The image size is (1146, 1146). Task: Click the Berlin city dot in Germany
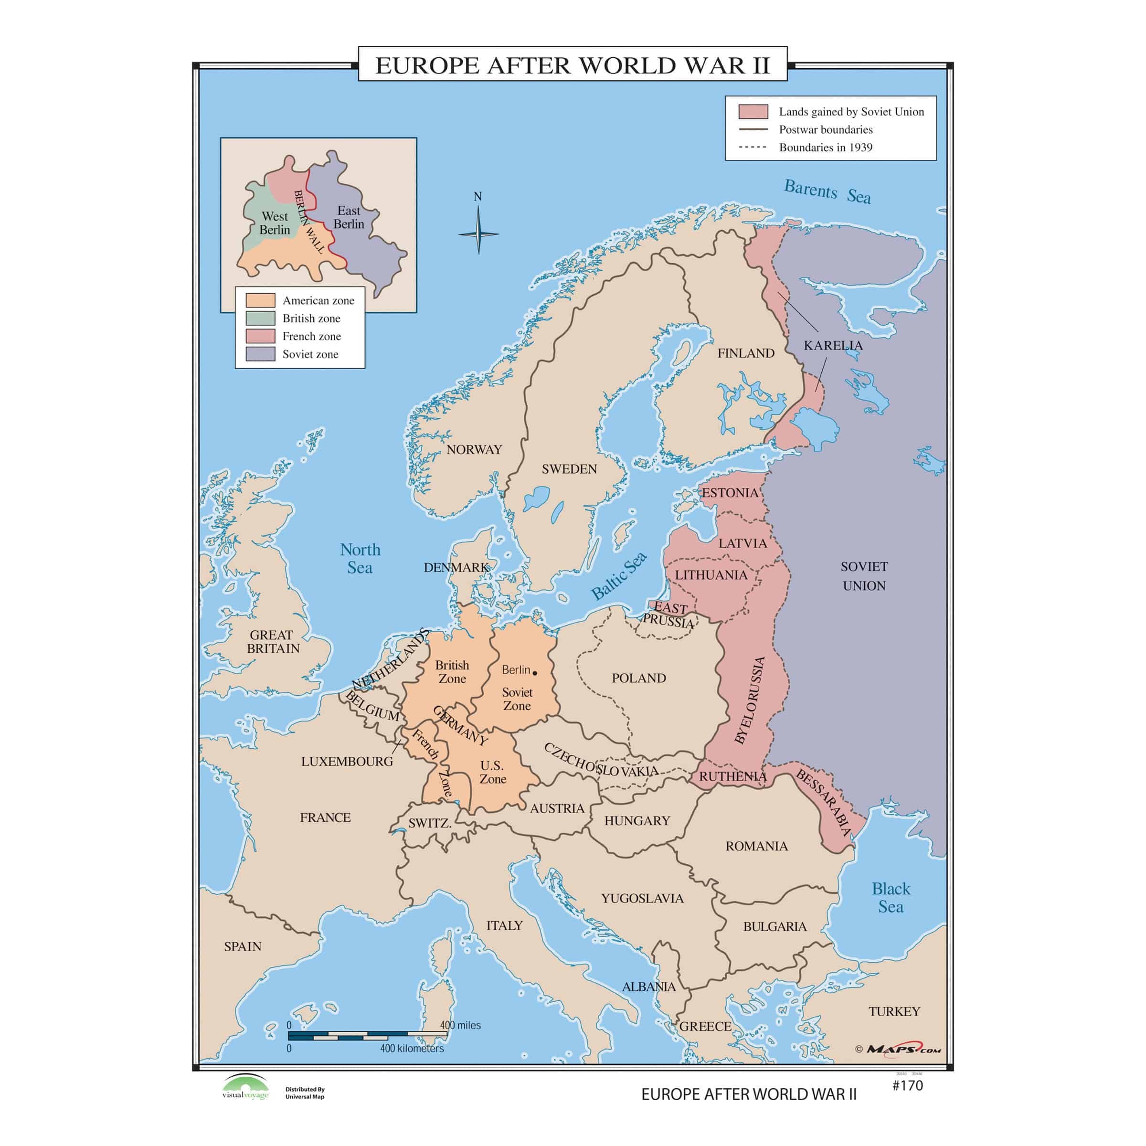click(x=534, y=673)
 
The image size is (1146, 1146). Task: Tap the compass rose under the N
click(x=478, y=233)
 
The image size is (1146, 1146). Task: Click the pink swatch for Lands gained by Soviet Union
click(x=753, y=112)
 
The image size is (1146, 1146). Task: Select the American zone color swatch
click(x=260, y=300)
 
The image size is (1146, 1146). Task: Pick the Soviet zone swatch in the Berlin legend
click(x=260, y=354)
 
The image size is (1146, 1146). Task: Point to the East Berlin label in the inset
click(x=349, y=217)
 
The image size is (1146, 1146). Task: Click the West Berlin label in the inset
click(x=275, y=223)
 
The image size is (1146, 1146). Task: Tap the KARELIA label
click(x=833, y=345)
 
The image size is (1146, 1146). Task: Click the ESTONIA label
click(x=730, y=493)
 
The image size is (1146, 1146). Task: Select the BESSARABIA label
click(x=823, y=803)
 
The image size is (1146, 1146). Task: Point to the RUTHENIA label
click(x=732, y=776)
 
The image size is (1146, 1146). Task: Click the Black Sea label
click(x=891, y=898)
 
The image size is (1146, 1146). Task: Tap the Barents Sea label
click(x=827, y=191)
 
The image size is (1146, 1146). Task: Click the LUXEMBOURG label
click(x=347, y=762)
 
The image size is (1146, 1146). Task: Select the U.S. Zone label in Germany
click(x=492, y=772)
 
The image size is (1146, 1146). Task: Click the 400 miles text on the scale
click(x=460, y=1025)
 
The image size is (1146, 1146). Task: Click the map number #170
click(x=908, y=1085)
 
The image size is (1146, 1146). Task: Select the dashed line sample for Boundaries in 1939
click(x=753, y=147)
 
